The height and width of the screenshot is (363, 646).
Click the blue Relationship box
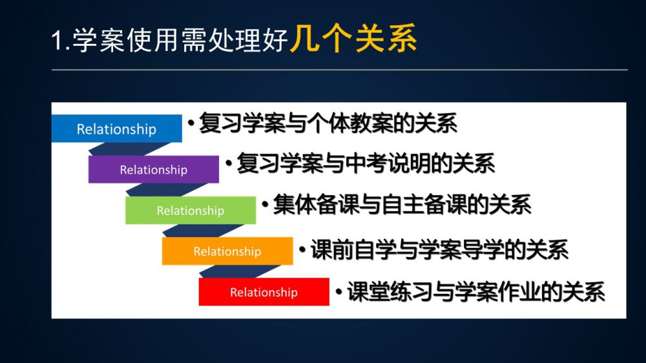click(x=116, y=129)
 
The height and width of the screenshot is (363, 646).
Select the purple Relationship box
click(x=154, y=169)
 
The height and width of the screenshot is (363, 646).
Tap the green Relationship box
click(x=191, y=210)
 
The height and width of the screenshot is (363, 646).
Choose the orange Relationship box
click(x=227, y=251)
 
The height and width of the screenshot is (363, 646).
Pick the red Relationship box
click(x=264, y=292)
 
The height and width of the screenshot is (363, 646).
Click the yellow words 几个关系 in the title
click(x=353, y=38)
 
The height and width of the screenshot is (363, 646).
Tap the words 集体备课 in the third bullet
click(x=316, y=204)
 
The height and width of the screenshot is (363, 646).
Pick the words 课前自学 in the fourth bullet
click(x=353, y=249)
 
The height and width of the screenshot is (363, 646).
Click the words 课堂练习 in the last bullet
click(x=390, y=292)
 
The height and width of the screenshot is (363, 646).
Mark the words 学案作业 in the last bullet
click(x=498, y=292)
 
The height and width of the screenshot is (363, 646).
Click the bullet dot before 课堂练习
click(x=339, y=292)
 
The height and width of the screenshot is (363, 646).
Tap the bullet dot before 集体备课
click(x=265, y=204)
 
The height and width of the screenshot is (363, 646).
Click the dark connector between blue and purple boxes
click(x=130, y=149)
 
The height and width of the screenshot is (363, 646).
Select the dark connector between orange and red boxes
click(x=240, y=271)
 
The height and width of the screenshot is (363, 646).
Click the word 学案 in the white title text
click(x=99, y=41)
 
